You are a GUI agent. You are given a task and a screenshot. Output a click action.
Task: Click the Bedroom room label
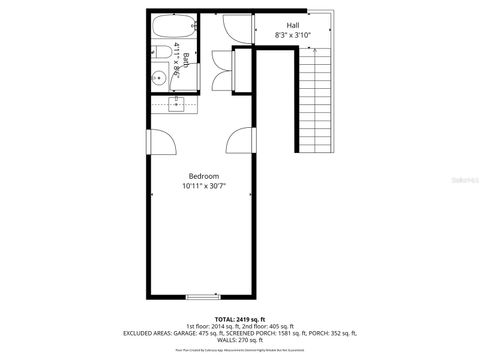[203, 176]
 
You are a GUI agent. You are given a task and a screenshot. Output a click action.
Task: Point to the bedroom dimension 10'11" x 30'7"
[203, 186]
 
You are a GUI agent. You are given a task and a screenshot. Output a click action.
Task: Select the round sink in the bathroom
[160, 78]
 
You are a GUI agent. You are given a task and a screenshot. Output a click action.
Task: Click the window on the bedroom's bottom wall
[203, 296]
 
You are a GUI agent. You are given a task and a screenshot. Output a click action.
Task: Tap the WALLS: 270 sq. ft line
[240, 340]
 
